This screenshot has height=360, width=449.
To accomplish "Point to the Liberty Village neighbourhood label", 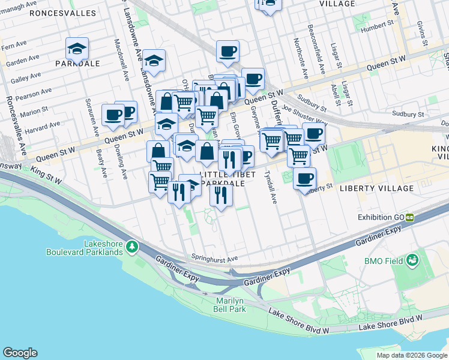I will (376, 188).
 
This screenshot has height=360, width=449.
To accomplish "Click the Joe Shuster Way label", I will (303, 109).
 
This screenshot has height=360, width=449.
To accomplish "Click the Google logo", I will (20, 353).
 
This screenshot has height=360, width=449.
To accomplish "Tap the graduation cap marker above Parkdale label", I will (77, 48).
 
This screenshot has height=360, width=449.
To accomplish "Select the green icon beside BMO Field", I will (412, 260).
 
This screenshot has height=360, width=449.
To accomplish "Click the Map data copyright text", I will (411, 355).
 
